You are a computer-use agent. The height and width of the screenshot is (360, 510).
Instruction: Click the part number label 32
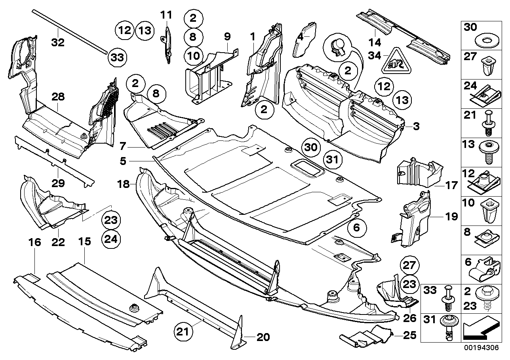click(58, 42)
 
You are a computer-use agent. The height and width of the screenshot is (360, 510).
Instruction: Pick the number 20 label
click(263, 337)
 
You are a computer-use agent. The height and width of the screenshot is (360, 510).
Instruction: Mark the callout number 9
click(227, 37)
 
